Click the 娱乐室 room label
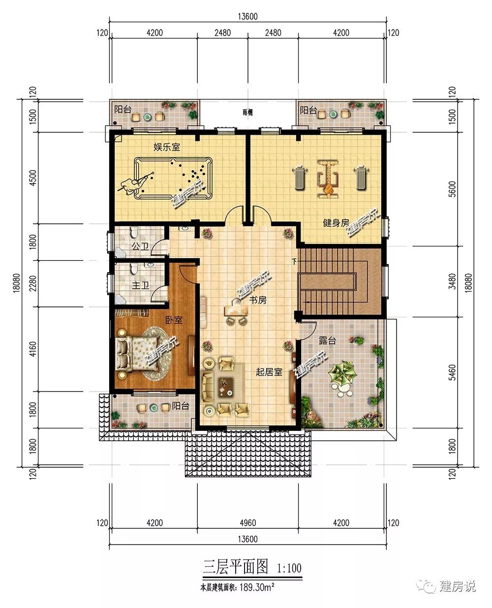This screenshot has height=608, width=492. click(x=167, y=147)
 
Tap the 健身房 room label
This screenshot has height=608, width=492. click(x=336, y=223)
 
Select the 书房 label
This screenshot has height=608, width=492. click(x=258, y=300)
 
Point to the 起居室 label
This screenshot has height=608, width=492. click(x=269, y=372)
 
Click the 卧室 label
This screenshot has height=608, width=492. click(x=174, y=320)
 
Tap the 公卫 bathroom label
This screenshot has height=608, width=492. click(x=140, y=246)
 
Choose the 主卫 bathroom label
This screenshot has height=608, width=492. click(x=141, y=285)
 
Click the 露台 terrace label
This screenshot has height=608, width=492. click(x=327, y=340)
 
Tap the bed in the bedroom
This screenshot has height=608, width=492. click(x=138, y=354)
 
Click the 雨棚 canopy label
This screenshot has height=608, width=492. click(x=247, y=112)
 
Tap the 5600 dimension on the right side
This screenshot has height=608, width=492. click(x=452, y=189)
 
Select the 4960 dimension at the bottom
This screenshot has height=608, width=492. click(x=247, y=522)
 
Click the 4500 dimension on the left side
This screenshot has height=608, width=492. click(x=33, y=178)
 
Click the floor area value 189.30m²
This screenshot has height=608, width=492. click(x=257, y=587)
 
